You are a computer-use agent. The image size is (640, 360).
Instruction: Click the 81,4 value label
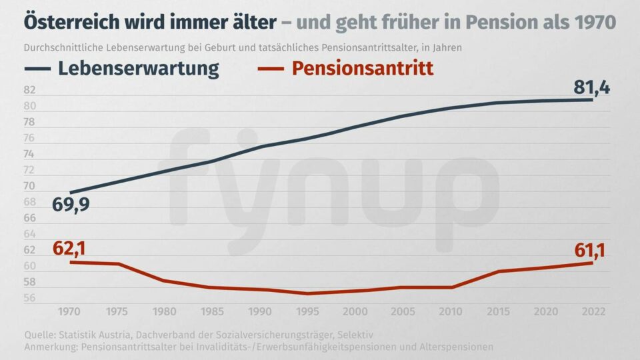(x=592, y=87)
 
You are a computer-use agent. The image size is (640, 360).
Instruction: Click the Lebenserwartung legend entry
(x=138, y=68)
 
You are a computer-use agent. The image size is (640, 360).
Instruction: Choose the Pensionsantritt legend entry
(x=363, y=68)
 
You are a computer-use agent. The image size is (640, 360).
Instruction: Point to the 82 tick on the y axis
(x=29, y=91)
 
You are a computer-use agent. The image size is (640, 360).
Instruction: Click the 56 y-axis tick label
(x=29, y=298)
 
